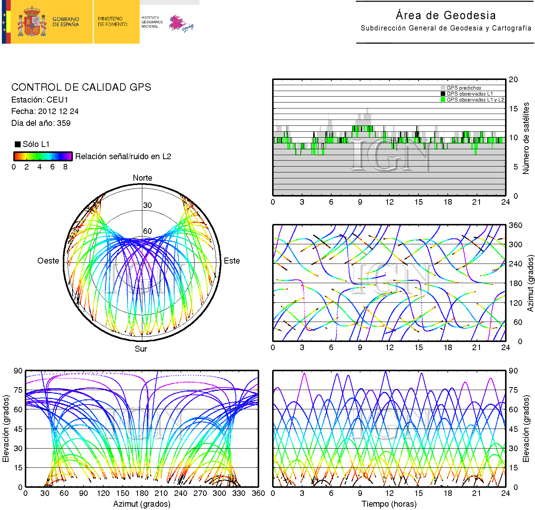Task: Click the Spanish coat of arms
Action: pyautogui.click(x=32, y=22)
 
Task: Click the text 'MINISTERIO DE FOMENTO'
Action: pyautogui.click(x=112, y=21)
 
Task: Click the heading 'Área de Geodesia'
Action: pyautogui.click(x=446, y=15)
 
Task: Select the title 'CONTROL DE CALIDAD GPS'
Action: pyautogui.click(x=81, y=87)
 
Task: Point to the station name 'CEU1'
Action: pyautogui.click(x=57, y=100)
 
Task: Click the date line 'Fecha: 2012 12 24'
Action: pyautogui.click(x=45, y=111)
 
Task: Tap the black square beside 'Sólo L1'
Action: pyautogui.click(x=17, y=144)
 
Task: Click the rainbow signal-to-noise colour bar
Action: pyautogui.click(x=43, y=156)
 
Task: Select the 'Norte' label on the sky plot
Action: pyautogui.click(x=142, y=178)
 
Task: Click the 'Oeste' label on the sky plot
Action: pyautogui.click(x=48, y=261)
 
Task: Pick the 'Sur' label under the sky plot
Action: pyautogui.click(x=141, y=349)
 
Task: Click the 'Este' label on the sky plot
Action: pyautogui.click(x=232, y=261)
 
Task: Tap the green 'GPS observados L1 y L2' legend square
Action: pyautogui.click(x=443, y=100)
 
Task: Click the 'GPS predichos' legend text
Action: pyautogui.click(x=464, y=88)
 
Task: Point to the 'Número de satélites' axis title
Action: pyautogui.click(x=526, y=138)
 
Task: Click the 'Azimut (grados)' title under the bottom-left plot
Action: pyautogui.click(x=142, y=504)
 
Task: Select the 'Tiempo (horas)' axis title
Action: pyautogui.click(x=389, y=504)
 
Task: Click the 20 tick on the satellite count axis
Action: pyautogui.click(x=513, y=80)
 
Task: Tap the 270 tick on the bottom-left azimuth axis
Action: pyautogui.click(x=200, y=493)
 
